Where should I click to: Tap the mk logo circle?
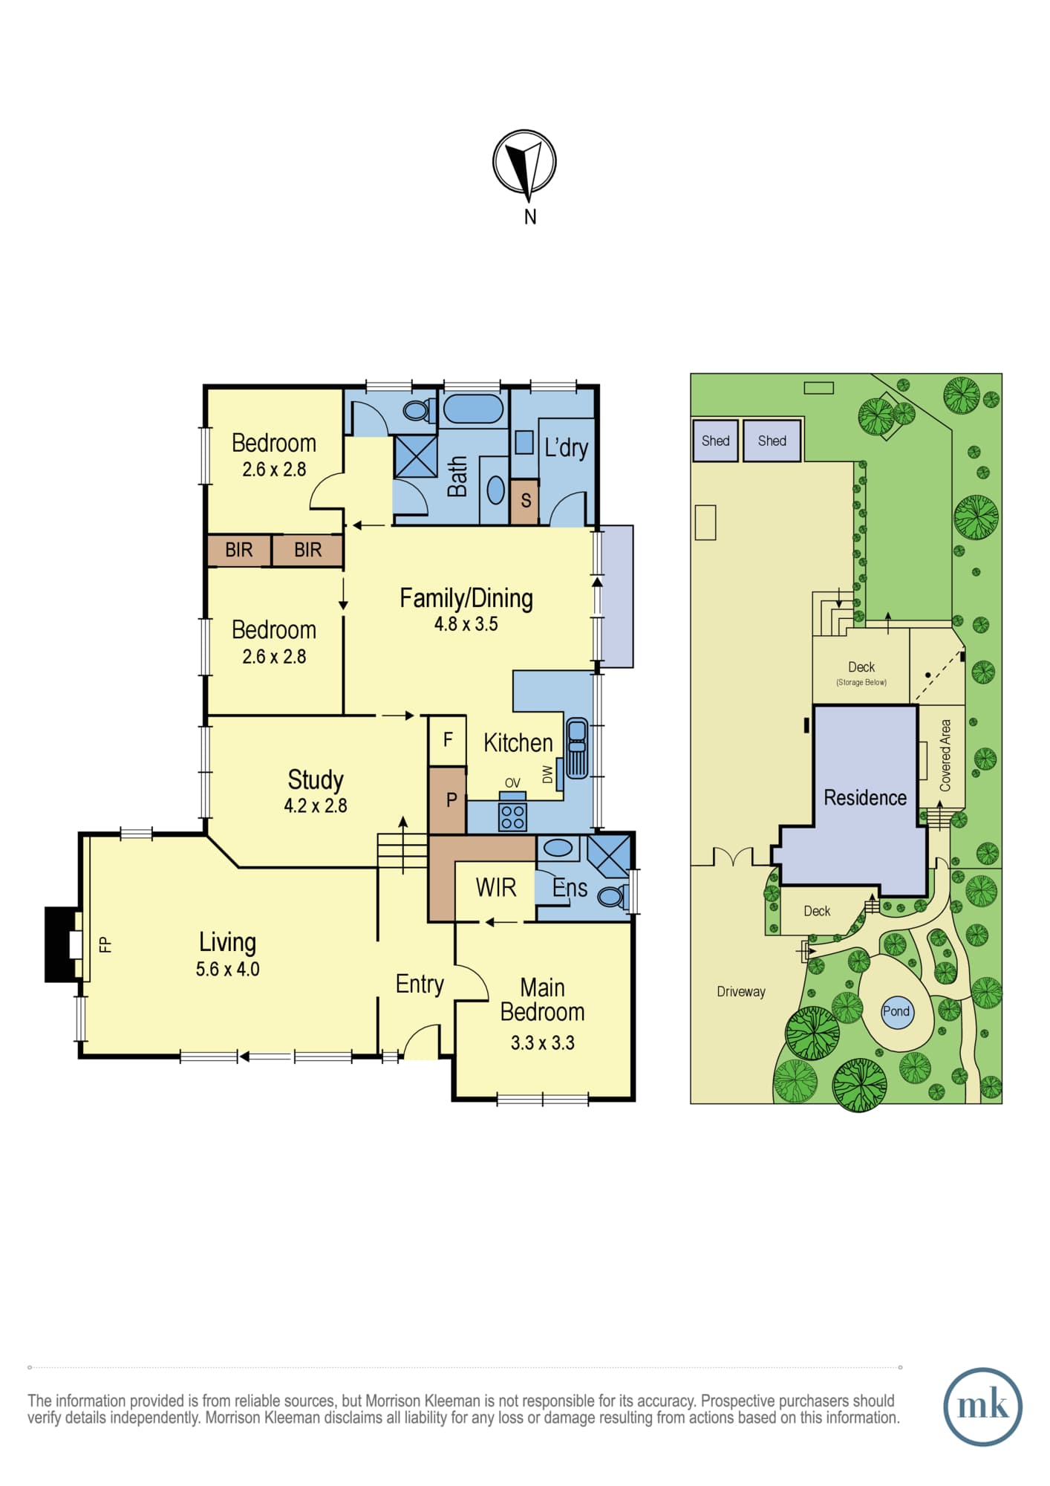coord(982,1406)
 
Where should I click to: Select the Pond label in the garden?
coord(896,1011)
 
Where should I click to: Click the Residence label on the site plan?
coord(865,798)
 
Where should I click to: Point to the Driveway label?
coord(740,992)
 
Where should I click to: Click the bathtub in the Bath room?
coord(474,409)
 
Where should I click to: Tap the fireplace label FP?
coord(105,944)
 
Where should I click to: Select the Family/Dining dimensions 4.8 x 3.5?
coord(466,624)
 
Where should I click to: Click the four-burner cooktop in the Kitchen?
coord(512,817)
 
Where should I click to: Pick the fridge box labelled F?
coord(448,740)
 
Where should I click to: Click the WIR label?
coord(496,887)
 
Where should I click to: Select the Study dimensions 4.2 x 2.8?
coord(316,805)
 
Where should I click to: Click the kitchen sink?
coord(577,747)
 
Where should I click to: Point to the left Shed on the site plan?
coord(715,441)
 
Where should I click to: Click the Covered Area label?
coord(945,755)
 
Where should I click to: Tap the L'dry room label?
coord(566,447)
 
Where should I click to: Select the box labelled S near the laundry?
coord(524,501)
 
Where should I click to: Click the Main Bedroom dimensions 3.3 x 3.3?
coord(543,1043)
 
